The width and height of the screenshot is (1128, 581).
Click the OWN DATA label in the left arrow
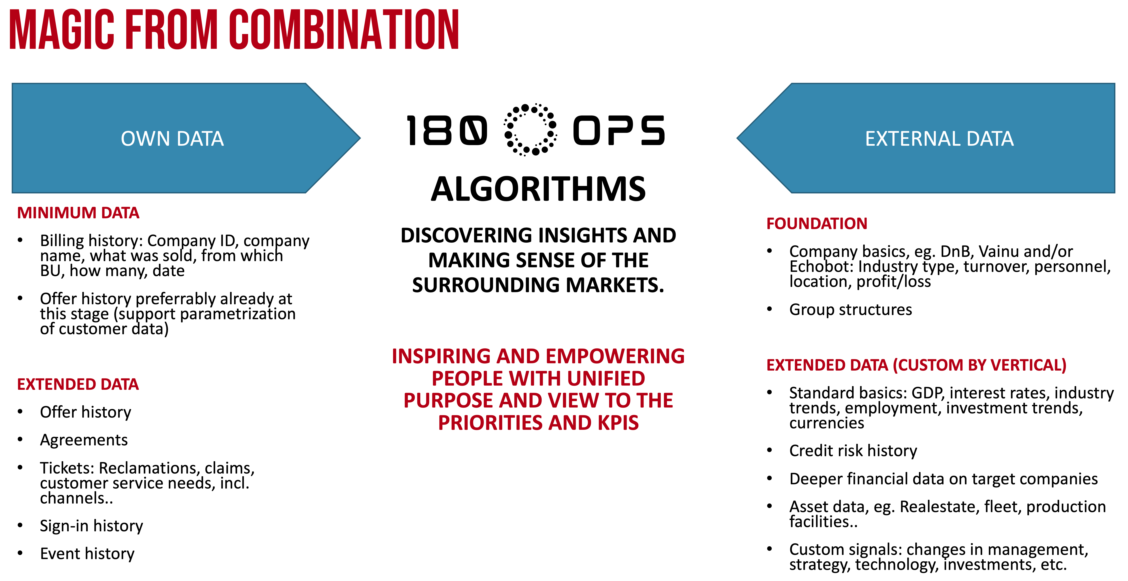click(172, 139)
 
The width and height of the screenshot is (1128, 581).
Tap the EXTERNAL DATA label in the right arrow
click(939, 139)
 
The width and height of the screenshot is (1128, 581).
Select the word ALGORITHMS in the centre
click(538, 189)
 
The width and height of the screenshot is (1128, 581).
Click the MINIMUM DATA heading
click(78, 213)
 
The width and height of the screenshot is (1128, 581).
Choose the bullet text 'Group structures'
click(850, 310)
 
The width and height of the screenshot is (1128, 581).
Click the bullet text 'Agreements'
click(84, 440)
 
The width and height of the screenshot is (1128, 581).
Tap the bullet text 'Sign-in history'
click(91, 526)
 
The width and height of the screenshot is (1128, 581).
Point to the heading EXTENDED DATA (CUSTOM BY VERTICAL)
click(916, 365)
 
